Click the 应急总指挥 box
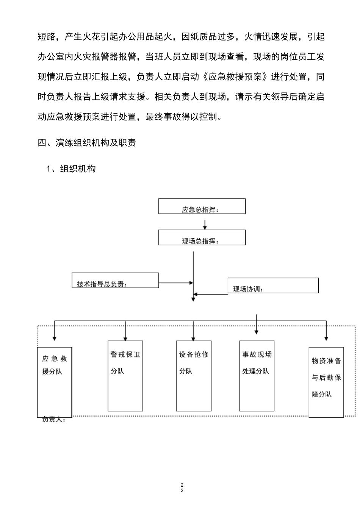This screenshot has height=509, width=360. point(202,206)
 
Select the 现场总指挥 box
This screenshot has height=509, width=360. point(202,237)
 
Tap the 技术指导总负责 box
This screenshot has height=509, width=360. point(115,280)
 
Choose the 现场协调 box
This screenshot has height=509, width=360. point(273,286)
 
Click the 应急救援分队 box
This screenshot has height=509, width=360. point(55,382)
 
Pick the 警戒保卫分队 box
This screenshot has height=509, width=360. point(125,376)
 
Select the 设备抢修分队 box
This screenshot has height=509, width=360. point(194,376)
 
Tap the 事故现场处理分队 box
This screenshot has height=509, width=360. point(257,376)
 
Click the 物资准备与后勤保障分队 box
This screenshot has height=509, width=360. point(326,382)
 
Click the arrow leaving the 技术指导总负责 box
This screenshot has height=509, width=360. point(176,283)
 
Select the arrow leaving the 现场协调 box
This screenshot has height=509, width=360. point(211,294)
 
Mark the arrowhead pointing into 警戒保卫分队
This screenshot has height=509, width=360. point(125,337)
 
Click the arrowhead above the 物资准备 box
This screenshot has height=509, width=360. point(326,337)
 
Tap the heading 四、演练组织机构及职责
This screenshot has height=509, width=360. point(87,143)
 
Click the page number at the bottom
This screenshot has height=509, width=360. point(182,488)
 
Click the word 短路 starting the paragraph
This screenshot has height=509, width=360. point(47,37)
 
